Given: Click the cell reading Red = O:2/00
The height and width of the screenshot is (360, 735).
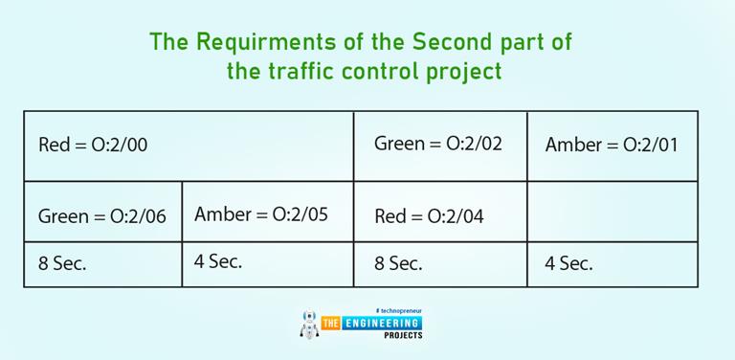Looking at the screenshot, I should pos(93,146).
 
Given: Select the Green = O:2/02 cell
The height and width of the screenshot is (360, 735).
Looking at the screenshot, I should pos(438,144).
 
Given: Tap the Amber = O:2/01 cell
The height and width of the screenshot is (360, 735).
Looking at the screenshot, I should pos(612,146).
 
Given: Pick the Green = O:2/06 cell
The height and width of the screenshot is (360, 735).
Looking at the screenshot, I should pos(102,216).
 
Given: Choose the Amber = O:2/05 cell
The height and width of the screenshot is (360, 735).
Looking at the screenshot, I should pos(260,214).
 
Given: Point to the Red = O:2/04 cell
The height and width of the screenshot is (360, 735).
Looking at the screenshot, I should pos(429,216).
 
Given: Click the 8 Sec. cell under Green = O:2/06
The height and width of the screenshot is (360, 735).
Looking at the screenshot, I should pos(62,263).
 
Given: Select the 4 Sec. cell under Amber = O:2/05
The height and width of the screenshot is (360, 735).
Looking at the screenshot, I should pos(218,261).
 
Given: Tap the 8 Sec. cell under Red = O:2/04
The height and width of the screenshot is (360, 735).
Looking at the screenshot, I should pos(398,263).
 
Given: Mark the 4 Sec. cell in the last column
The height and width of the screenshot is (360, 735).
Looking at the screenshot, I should pos(569,263).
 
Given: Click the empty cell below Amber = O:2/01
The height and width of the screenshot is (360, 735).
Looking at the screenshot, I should pos(612,212).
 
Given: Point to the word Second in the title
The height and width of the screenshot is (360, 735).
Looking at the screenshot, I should pos(451,42).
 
